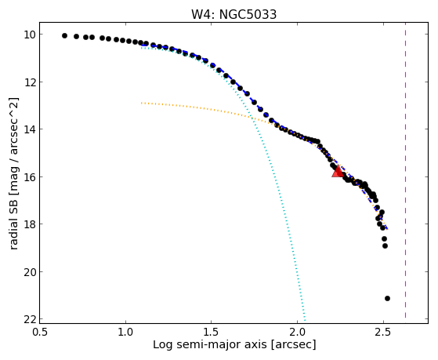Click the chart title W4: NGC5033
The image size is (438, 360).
[x=233, y=14]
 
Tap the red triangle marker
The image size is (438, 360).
[x=338, y=172]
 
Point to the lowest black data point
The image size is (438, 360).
[x=387, y=299]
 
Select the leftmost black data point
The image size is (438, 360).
[x=64, y=35]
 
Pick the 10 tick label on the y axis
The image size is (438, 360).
[x=30, y=35]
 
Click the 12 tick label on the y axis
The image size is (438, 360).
[x=30, y=82]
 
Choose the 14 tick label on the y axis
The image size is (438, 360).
[x=30, y=129]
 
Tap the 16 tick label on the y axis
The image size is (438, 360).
[x=30, y=177]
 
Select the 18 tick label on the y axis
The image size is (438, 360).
[x=30, y=224]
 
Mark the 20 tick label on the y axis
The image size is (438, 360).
[x=30, y=272]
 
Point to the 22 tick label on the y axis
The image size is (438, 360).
[x=30, y=319]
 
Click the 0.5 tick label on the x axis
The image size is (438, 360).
[x=40, y=332]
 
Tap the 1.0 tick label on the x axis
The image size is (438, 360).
[x=125, y=332]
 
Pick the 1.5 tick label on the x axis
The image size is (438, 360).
[x=212, y=332]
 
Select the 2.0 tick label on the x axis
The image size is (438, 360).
[x=297, y=332]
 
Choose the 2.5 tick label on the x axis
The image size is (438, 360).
[x=383, y=332]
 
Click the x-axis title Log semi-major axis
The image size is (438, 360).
[x=210, y=345]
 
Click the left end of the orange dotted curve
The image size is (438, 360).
[x=142, y=103]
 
